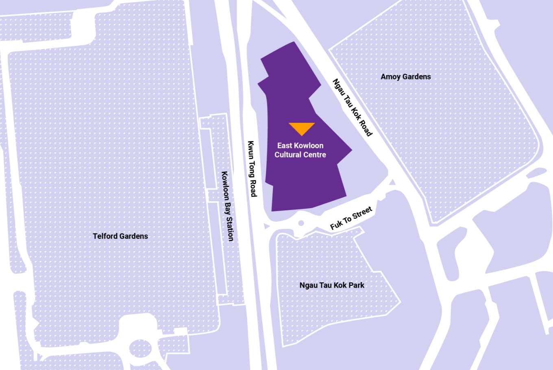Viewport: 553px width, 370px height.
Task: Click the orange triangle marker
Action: point(302,128)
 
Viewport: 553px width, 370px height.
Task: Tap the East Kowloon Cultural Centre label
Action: point(300,150)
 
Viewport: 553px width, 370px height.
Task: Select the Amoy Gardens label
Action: point(405,76)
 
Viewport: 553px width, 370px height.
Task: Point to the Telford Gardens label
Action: point(120,236)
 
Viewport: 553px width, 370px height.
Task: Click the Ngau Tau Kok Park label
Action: point(332,285)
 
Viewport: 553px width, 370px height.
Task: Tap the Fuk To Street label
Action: point(351,218)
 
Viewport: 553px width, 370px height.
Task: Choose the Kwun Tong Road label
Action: point(252,169)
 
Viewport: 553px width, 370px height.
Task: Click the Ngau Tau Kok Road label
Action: point(352,107)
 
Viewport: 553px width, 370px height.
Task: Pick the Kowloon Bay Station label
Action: point(227,206)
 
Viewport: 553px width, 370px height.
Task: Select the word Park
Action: point(356,285)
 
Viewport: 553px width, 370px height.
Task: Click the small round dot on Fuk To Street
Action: point(301,223)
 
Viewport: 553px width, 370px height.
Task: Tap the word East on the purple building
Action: point(285,146)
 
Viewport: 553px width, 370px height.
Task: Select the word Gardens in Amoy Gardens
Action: point(416,76)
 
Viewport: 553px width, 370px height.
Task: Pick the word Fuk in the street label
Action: point(336,224)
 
